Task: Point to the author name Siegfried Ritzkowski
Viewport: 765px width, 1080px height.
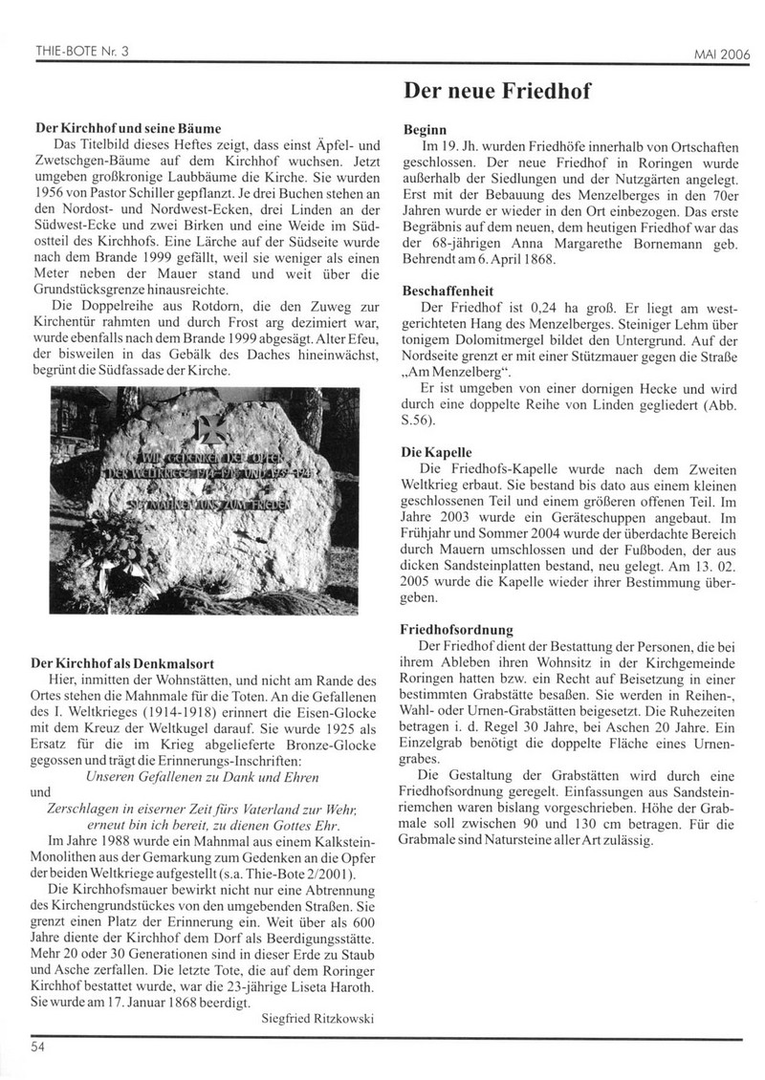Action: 317,1019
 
